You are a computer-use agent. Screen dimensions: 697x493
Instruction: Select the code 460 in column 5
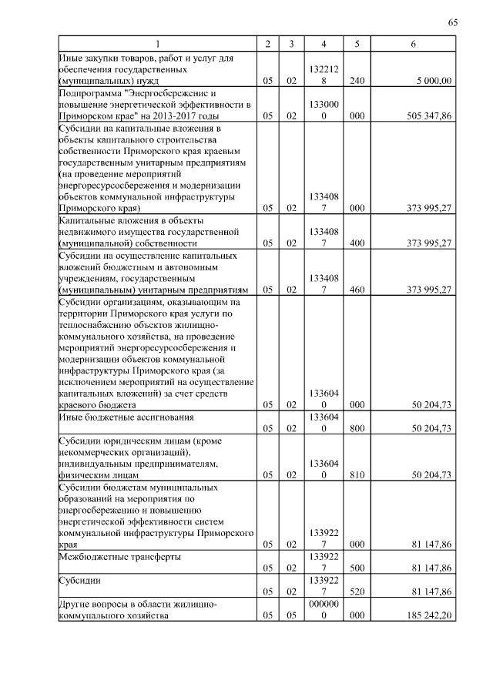coord(356,290)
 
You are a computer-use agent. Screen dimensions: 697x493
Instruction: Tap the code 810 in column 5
coord(356,475)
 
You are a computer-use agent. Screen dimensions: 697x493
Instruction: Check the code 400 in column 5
coord(356,243)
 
